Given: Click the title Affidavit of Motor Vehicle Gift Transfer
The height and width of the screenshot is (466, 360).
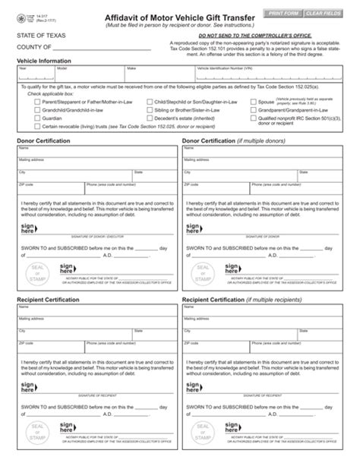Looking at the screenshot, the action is point(180,17).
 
